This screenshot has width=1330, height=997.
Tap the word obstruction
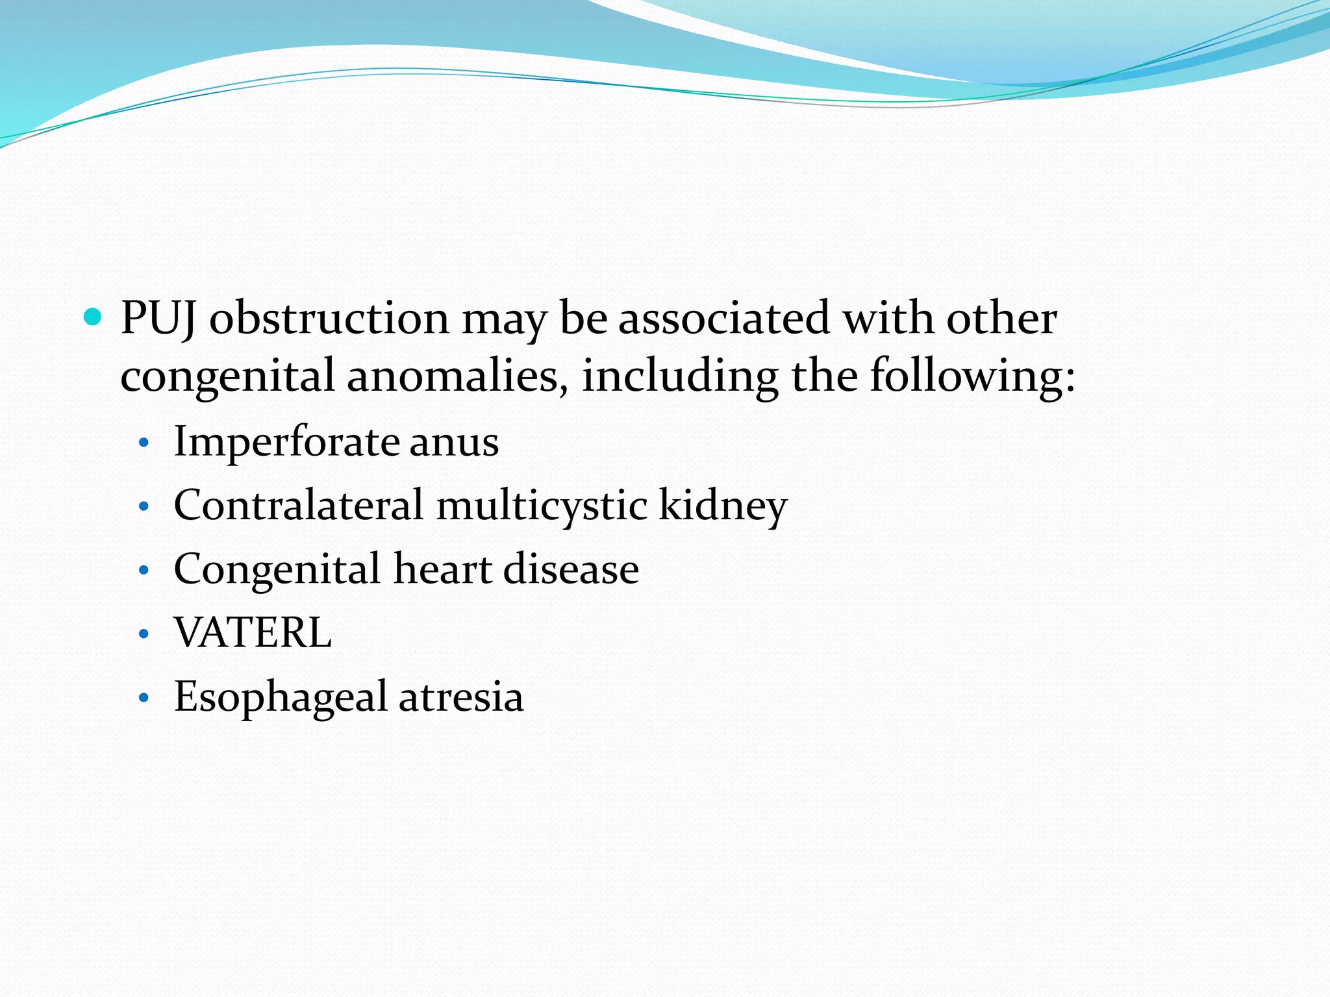pyautogui.click(x=329, y=319)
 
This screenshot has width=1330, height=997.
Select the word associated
pyautogui.click(x=723, y=319)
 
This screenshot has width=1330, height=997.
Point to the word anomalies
pyautogui.click(x=453, y=376)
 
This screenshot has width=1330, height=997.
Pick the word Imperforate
pyautogui.click(x=286, y=441)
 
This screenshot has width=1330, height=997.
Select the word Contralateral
pyautogui.click(x=298, y=505)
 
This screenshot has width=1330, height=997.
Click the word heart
pyautogui.click(x=443, y=569)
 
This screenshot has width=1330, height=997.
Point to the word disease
pyautogui.click(x=571, y=569)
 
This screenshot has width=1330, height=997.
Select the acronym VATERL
pyautogui.click(x=253, y=633)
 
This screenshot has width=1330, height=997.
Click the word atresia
pyautogui.click(x=460, y=697)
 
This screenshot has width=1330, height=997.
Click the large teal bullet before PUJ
pyautogui.click(x=94, y=317)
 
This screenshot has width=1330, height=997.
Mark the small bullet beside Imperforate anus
pyautogui.click(x=144, y=444)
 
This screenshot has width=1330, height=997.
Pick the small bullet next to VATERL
pyautogui.click(x=144, y=635)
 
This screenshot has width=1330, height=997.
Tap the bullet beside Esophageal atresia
pyautogui.click(x=144, y=699)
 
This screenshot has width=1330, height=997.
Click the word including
pyautogui.click(x=679, y=376)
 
